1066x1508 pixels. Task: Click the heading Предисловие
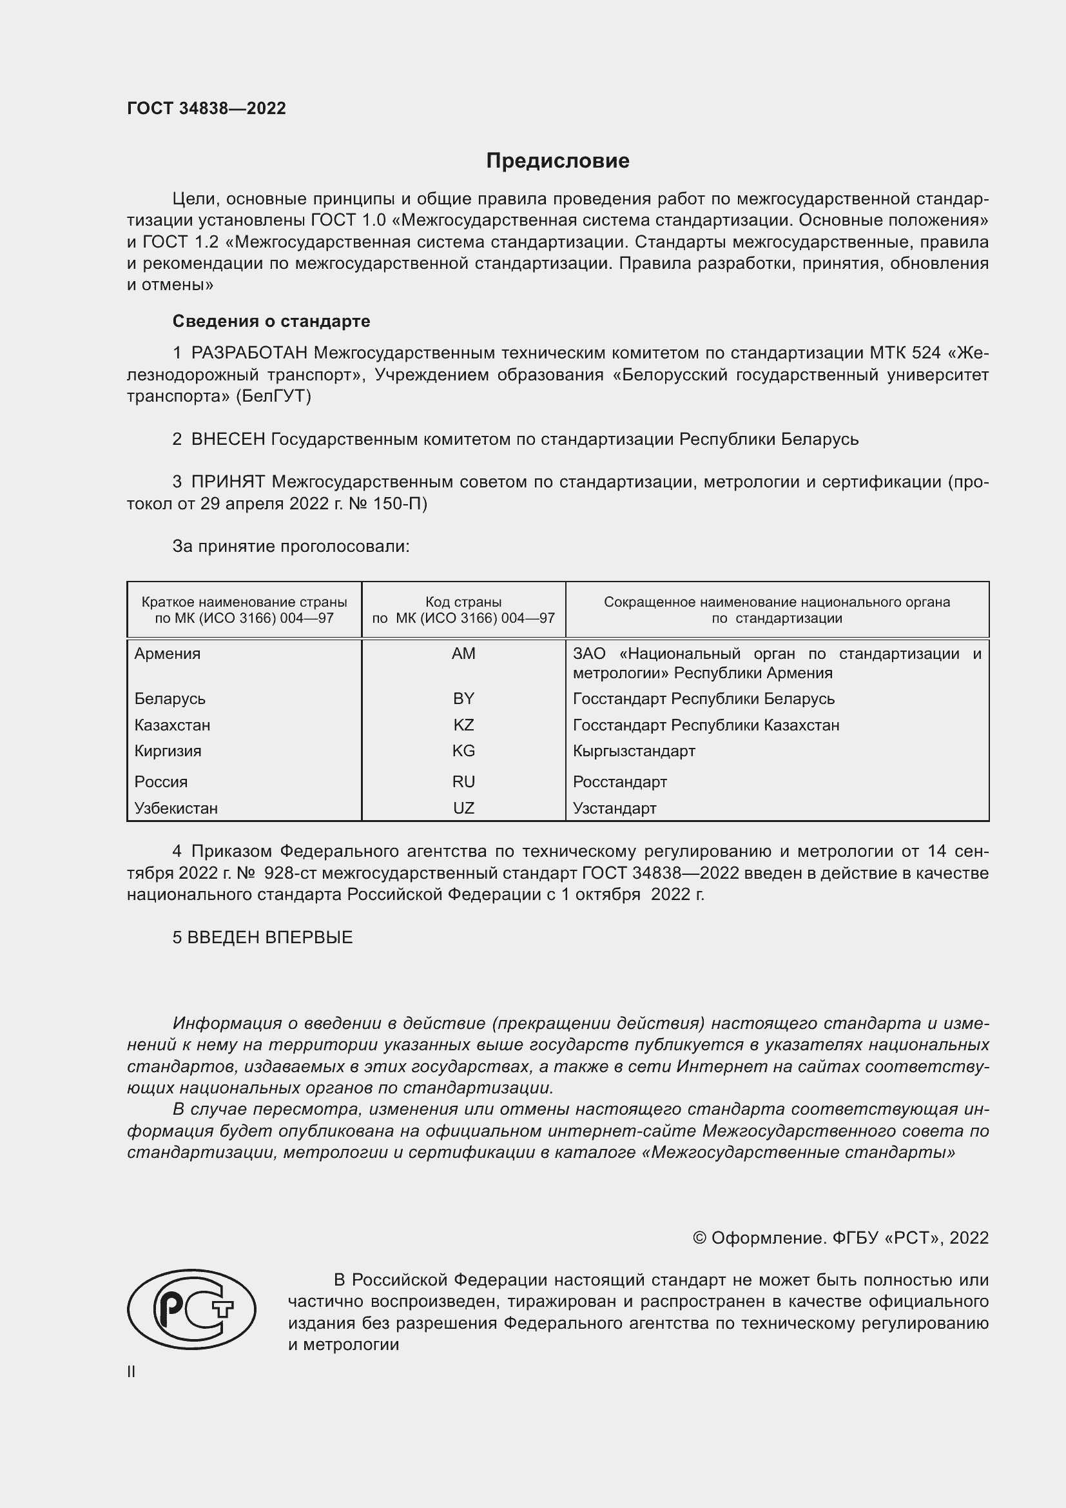tap(557, 161)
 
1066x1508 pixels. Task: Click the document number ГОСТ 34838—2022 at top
tap(207, 108)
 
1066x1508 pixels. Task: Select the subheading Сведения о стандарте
tap(271, 321)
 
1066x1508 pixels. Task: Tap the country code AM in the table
tap(463, 654)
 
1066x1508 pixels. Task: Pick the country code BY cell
tap(463, 698)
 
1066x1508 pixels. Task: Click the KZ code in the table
tap(463, 725)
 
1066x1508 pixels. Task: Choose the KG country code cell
tap(463, 750)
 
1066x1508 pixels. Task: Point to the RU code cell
tap(463, 781)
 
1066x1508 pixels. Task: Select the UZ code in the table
tap(463, 808)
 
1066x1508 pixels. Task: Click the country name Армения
tap(168, 654)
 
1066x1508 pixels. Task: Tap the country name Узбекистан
tap(176, 808)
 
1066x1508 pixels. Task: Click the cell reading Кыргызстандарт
tap(634, 750)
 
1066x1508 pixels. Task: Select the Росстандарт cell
tap(619, 781)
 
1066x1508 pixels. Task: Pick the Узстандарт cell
tap(614, 808)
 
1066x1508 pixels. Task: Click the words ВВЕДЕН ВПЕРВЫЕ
tap(270, 937)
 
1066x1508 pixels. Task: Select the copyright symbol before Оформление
tap(699, 1238)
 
